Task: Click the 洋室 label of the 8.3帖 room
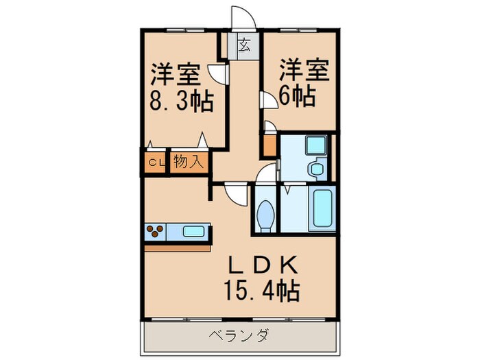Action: pyautogui.click(x=180, y=73)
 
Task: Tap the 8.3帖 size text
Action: pyautogui.click(x=181, y=102)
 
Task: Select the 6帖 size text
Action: pyautogui.click(x=296, y=97)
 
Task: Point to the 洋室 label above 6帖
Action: pyautogui.click(x=303, y=70)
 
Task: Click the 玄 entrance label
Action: pyautogui.click(x=244, y=46)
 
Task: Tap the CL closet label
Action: pyautogui.click(x=156, y=163)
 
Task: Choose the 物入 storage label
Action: pyautogui.click(x=187, y=163)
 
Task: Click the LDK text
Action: pyautogui.click(x=257, y=265)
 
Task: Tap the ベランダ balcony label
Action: pyautogui.click(x=240, y=336)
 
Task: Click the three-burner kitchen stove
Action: pyautogui.click(x=155, y=231)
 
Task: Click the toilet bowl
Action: pyautogui.click(x=264, y=215)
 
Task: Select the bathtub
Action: pyautogui.click(x=321, y=208)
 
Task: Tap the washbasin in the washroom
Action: pyautogui.click(x=316, y=169)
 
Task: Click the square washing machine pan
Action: pyautogui.click(x=317, y=145)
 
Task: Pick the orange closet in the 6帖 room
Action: pyautogui.click(x=269, y=145)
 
